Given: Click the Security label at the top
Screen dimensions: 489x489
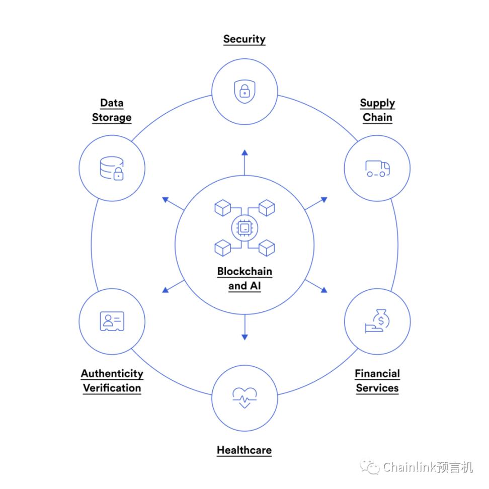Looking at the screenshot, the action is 244,39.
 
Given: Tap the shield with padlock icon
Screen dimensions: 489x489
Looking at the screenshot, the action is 245,92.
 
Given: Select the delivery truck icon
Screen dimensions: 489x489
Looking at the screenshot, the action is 378,169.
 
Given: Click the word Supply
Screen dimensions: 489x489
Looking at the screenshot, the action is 377,103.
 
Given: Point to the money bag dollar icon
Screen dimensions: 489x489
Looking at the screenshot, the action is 377,321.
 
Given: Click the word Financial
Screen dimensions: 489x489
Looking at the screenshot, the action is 377,373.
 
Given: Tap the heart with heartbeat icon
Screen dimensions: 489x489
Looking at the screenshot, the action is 245,398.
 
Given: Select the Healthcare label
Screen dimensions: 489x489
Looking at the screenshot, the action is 244,450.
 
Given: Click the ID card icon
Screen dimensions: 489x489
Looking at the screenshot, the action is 112,321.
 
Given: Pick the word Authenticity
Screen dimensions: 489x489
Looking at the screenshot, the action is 112,374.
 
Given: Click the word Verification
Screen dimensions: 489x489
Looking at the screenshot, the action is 112,388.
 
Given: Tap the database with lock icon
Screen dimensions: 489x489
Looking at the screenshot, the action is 112,169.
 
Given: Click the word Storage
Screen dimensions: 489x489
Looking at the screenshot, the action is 112,118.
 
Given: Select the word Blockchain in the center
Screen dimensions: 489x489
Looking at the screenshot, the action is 245,271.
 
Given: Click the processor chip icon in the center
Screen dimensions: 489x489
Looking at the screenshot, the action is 245,228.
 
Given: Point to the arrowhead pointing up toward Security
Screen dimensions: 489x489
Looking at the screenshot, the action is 245,152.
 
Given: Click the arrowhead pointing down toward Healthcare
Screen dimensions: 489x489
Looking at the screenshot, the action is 245,337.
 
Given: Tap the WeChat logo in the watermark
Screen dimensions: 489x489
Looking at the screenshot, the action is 370,466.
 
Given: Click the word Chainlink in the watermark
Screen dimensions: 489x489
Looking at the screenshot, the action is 410,467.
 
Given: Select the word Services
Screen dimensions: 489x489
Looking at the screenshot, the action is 377,388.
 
